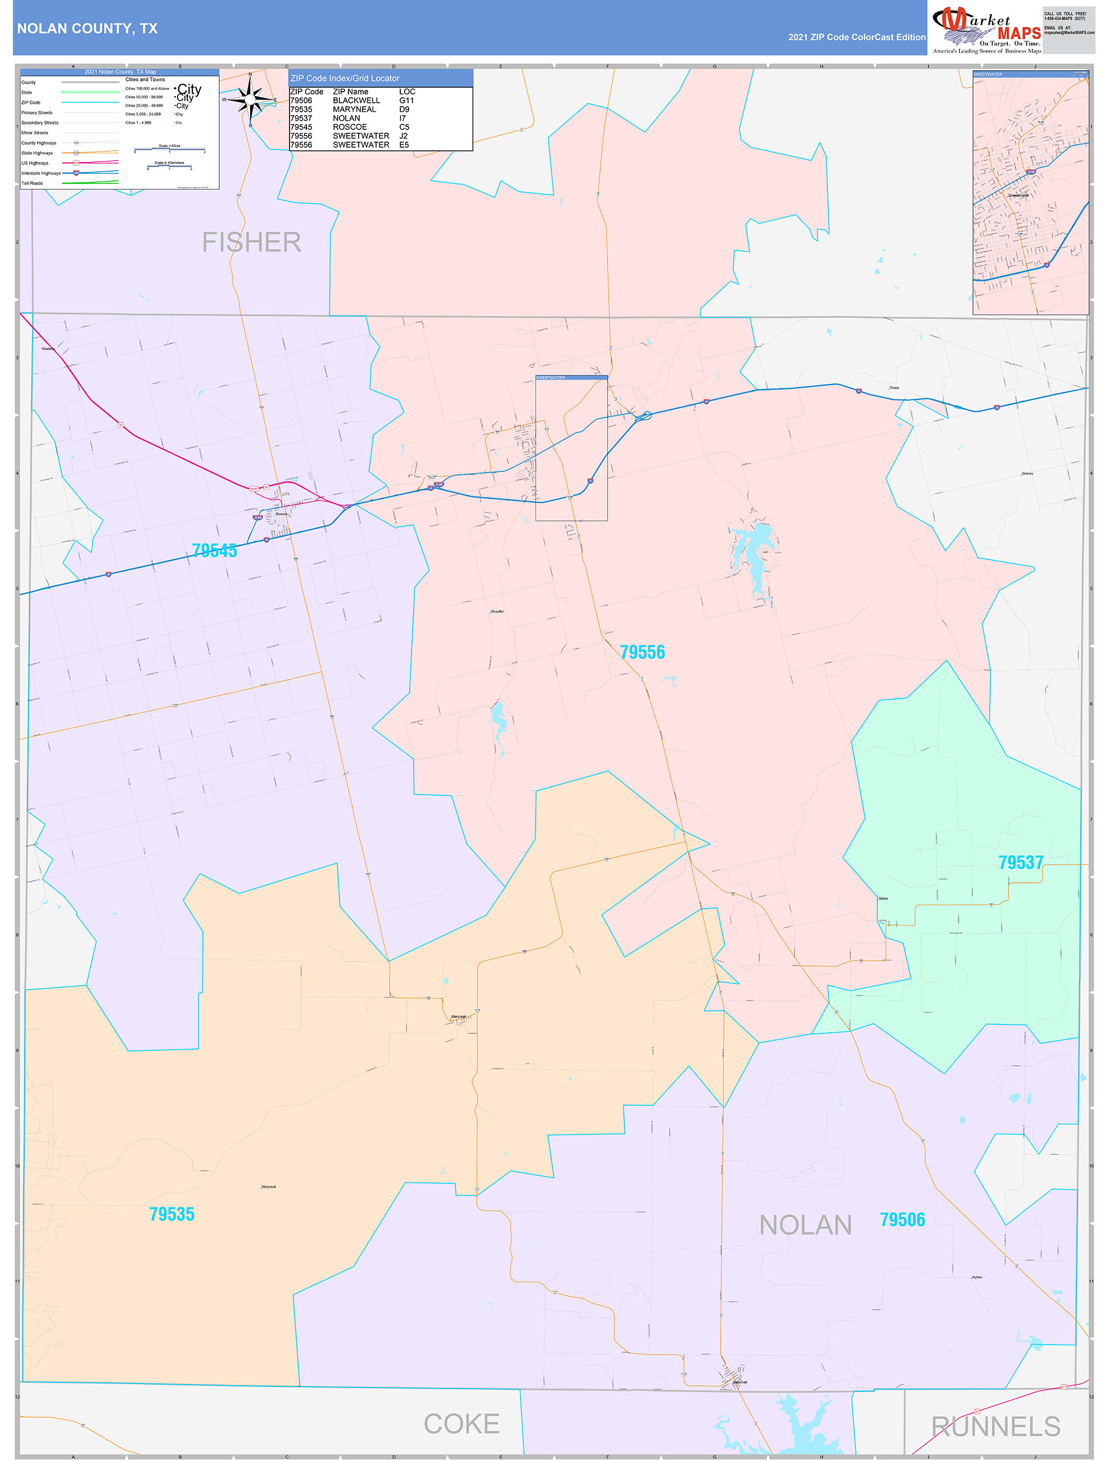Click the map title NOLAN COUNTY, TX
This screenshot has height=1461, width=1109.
[87, 29]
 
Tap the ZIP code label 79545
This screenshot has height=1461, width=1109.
[214, 551]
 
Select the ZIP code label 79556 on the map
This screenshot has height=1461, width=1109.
[642, 652]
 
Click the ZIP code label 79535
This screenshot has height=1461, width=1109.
[172, 1214]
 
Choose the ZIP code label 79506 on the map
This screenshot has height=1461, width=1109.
[902, 1219]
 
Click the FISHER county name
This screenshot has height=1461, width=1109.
[251, 242]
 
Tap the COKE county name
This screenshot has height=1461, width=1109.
[461, 1424]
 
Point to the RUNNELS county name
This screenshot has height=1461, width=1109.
[995, 1427]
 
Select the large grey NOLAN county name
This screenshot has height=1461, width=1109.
[804, 1225]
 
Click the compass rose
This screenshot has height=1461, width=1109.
[250, 99]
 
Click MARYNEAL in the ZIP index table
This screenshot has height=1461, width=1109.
[354, 110]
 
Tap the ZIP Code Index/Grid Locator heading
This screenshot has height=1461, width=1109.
[345, 78]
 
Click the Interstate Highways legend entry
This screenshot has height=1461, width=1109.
[40, 173]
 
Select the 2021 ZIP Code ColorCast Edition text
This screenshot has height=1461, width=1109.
[856, 37]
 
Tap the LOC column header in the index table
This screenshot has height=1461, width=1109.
[407, 92]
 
